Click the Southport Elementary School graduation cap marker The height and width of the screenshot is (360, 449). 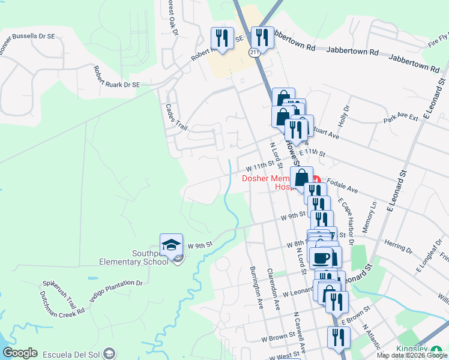point(171,245)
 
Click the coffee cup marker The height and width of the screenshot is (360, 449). point(322,257)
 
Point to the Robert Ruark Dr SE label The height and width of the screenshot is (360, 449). point(116,76)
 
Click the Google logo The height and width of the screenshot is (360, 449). point(20,353)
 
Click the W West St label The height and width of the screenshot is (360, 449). point(280,356)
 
